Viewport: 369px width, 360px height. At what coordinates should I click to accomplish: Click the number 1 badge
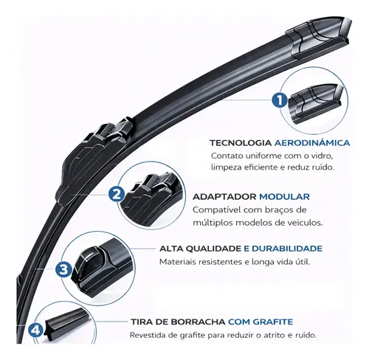coord(280,100)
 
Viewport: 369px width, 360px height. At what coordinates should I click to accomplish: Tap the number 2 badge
coord(117,195)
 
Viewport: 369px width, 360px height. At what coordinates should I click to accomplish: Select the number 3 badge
coord(63,269)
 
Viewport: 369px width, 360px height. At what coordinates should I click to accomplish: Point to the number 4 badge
coord(36,330)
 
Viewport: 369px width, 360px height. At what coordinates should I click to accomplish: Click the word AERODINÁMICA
coord(312,142)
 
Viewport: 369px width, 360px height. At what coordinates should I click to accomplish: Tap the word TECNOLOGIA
coord(241,143)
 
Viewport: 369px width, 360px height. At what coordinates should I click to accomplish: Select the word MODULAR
coord(284,197)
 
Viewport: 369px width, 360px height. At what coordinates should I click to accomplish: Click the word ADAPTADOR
coord(224,197)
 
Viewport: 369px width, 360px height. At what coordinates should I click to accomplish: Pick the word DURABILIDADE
coord(286,249)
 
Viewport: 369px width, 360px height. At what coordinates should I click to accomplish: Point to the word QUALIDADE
coord(213,249)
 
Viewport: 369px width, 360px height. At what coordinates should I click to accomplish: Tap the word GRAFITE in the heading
coord(273,322)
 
